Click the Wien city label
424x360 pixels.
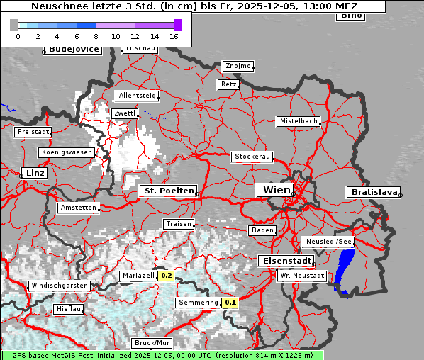(277, 190)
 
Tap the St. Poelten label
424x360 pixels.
(169, 191)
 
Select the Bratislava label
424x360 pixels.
(372, 192)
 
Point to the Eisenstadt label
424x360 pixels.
(284, 261)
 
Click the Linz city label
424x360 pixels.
(33, 173)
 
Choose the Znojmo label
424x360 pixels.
(238, 66)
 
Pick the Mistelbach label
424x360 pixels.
(298, 121)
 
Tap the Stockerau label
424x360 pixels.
(252, 157)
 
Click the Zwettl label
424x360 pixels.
(125, 113)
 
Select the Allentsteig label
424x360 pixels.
(136, 96)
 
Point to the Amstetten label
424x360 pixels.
(78, 208)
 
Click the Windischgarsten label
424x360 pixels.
(59, 286)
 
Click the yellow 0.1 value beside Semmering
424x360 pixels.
(230, 303)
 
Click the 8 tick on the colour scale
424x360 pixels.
(96, 35)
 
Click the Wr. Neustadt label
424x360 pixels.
(302, 276)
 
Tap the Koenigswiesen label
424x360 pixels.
(67, 152)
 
